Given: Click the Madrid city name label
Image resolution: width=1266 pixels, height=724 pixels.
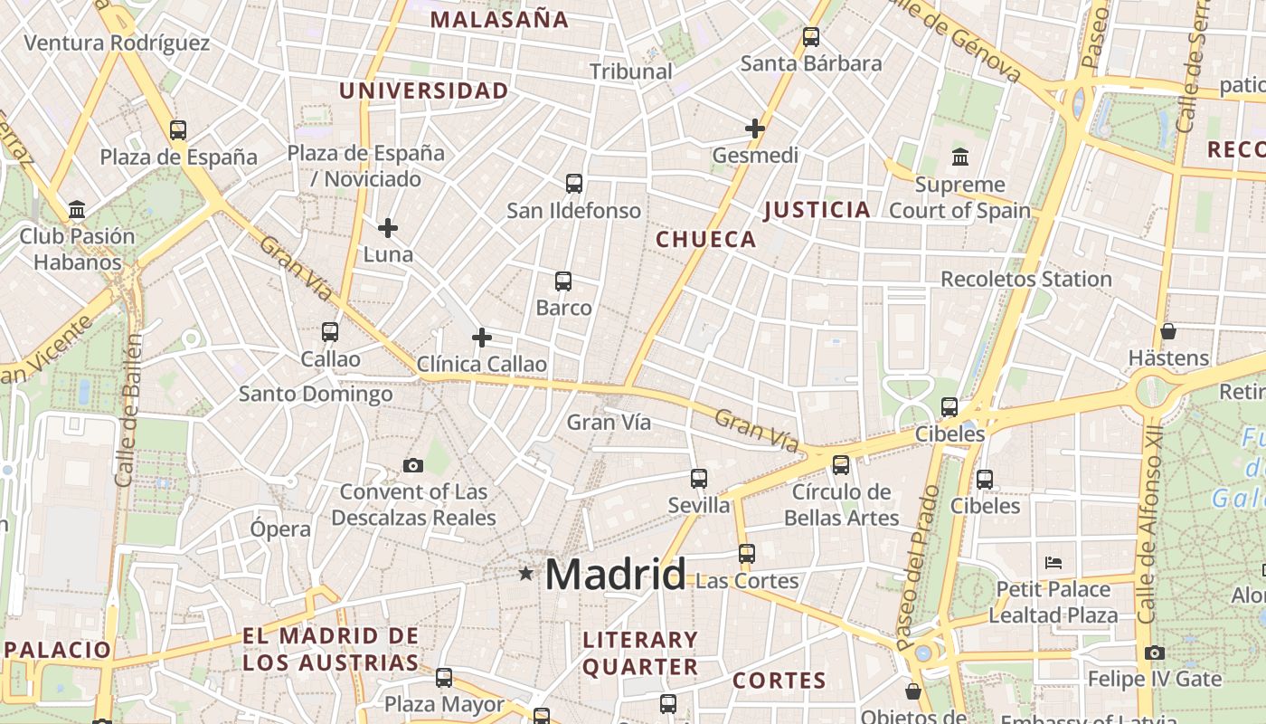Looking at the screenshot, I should (x=616, y=575).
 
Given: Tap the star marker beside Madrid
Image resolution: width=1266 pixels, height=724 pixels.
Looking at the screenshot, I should (x=526, y=573).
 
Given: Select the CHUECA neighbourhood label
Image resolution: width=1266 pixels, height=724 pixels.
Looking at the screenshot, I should (x=705, y=239).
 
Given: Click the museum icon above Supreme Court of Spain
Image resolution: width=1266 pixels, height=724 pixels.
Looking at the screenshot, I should (x=960, y=157).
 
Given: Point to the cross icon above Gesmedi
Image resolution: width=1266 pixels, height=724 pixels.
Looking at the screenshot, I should (x=755, y=129).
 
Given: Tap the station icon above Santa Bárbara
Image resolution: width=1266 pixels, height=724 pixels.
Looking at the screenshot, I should (x=811, y=37).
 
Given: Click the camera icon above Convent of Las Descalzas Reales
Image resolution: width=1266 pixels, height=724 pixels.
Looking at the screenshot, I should (x=413, y=465).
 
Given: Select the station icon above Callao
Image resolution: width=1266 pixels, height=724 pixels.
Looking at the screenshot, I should (x=330, y=332).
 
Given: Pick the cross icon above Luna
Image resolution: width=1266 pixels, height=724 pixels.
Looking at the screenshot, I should (x=388, y=227).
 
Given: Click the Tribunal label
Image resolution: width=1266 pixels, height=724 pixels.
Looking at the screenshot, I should (x=631, y=71).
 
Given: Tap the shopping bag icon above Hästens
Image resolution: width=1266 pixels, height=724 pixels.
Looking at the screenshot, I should (x=1168, y=331).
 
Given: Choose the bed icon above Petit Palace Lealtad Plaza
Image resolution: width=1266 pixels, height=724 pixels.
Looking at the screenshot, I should (x=1053, y=562).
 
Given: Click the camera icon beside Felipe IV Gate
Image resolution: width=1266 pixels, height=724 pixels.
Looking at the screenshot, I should (x=1154, y=653).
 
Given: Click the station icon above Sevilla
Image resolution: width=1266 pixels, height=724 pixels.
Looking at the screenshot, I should (x=699, y=479).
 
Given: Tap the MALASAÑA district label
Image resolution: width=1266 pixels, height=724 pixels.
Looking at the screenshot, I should (x=499, y=19).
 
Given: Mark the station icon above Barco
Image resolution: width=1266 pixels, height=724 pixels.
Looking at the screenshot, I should (x=563, y=281).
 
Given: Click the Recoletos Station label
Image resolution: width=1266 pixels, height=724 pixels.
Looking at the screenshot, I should (x=1026, y=279).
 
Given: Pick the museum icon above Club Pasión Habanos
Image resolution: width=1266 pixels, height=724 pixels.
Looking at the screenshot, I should (x=77, y=211).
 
